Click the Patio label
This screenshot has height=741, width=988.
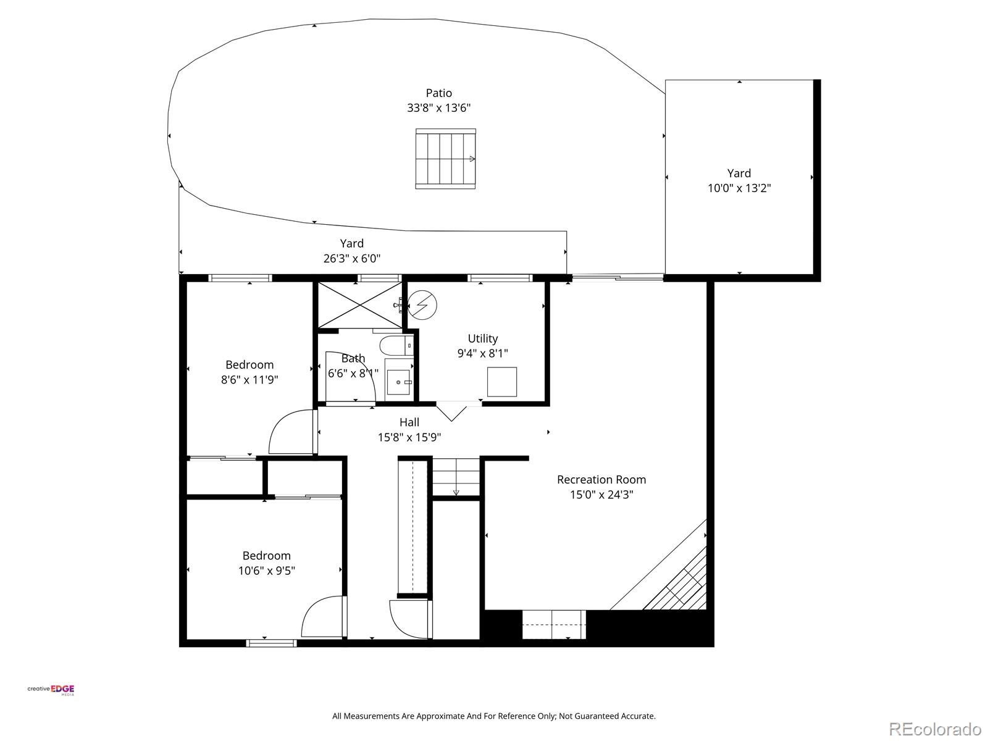point(438,93)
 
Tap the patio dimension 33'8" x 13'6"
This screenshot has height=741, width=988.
point(438,108)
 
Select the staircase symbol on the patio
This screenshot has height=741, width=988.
point(445,159)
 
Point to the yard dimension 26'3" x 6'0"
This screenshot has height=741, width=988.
point(352,258)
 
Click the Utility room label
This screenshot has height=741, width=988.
point(482,338)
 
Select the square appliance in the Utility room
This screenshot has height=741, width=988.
point(501,382)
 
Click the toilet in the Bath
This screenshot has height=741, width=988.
point(395,345)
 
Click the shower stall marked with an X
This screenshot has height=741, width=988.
point(359,305)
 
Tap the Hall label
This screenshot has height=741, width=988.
point(409,422)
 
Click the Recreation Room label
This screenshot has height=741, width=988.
point(601,480)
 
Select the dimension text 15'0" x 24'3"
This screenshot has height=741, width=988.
point(601,495)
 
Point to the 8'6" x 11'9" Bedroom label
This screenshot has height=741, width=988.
point(249,365)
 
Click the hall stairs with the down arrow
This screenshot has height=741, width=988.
point(456,477)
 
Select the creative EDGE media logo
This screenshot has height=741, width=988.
point(51,690)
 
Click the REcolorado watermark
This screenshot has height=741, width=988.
point(936,729)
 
